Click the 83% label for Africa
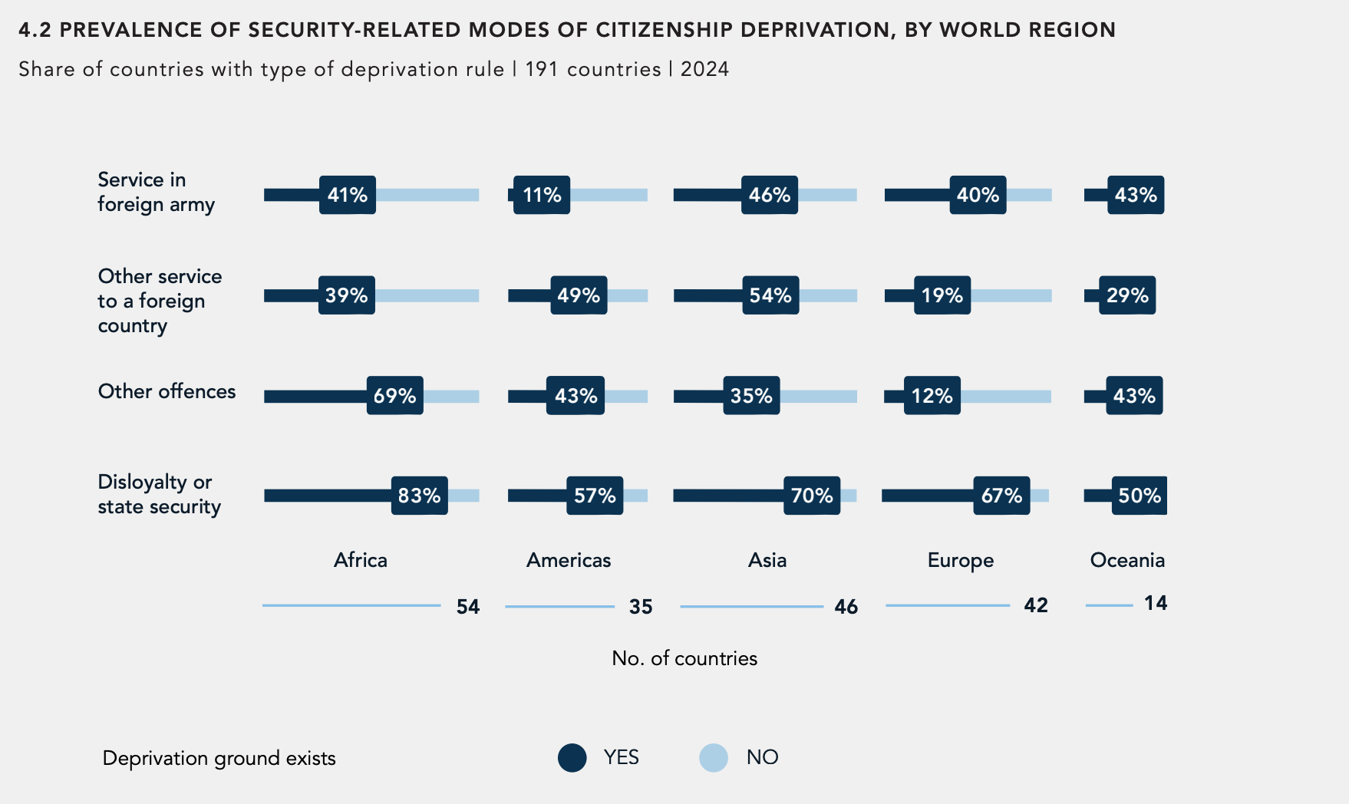419,496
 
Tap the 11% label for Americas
542,195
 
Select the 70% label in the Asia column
812,496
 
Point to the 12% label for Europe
932,396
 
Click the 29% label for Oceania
1127,295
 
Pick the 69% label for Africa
394,396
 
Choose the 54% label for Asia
770,295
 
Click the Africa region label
361,560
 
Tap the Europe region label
960,561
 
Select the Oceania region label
1127,560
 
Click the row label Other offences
167,391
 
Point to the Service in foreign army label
156,192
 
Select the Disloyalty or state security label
159,494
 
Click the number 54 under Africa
468,607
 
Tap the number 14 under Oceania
1156,604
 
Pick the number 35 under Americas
641,607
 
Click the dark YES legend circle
572,758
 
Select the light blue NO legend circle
714,758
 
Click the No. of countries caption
684,658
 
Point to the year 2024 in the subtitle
704,69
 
